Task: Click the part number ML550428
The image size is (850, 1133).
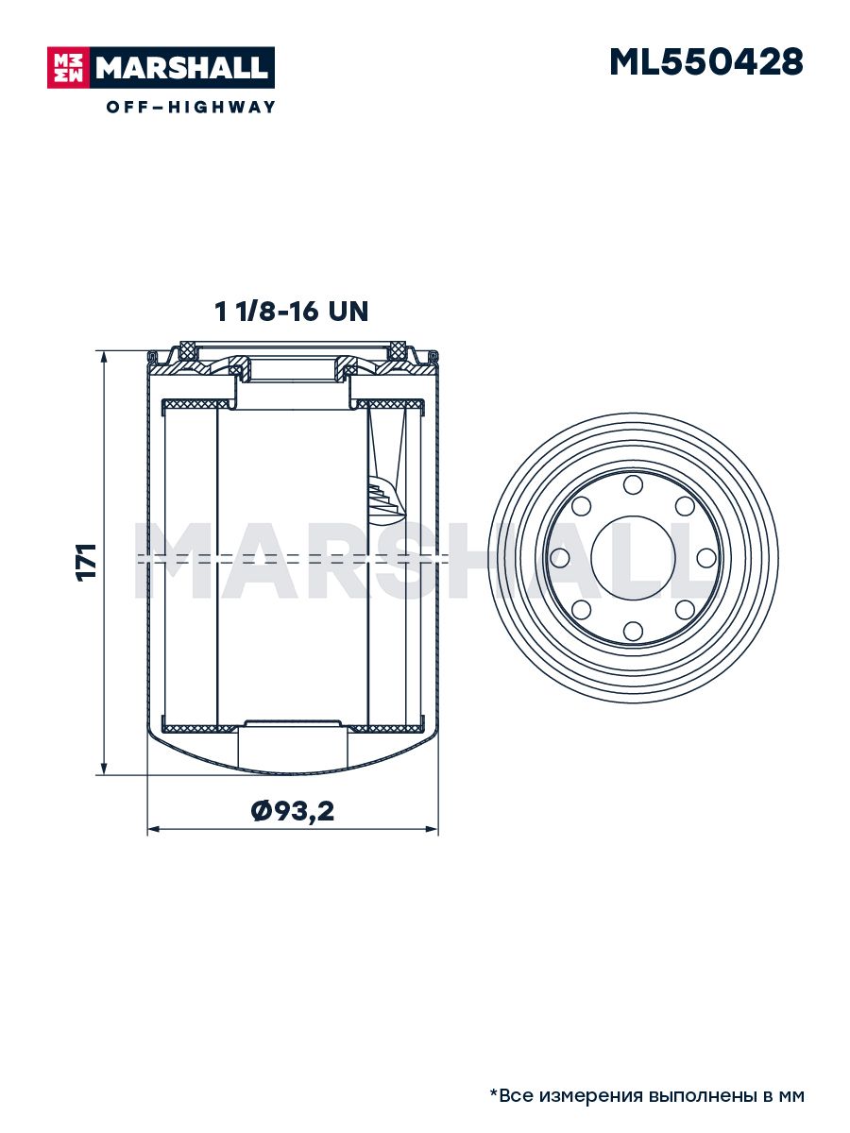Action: pyautogui.click(x=705, y=62)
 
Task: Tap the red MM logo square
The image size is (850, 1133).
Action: pyautogui.click(x=68, y=68)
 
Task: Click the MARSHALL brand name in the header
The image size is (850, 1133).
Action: pyautogui.click(x=181, y=68)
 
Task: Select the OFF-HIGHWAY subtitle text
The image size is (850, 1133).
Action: pyautogui.click(x=191, y=107)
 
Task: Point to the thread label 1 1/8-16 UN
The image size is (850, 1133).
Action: pyautogui.click(x=291, y=312)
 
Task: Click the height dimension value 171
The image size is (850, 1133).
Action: pyautogui.click(x=86, y=562)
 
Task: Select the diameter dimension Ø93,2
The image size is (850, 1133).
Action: pyautogui.click(x=293, y=810)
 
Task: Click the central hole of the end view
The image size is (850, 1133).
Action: pyautogui.click(x=633, y=558)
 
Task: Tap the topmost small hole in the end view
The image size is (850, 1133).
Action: pyautogui.click(x=633, y=485)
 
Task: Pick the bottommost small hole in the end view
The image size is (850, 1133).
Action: pyautogui.click(x=633, y=631)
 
